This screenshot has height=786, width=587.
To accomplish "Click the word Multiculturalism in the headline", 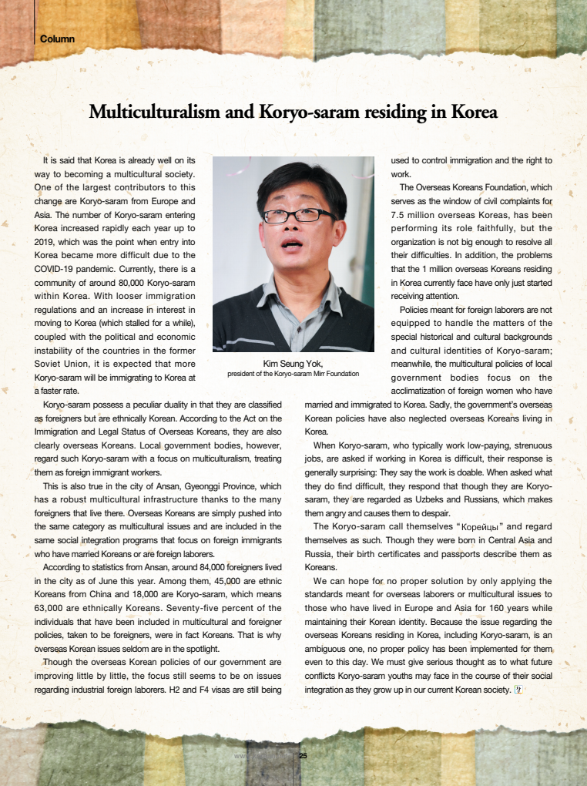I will pyautogui.click(x=156, y=113).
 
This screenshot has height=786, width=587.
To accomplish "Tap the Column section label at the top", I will pyautogui.click(x=57, y=39).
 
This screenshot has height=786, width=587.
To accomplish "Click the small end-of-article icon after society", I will pyautogui.click(x=518, y=689).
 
